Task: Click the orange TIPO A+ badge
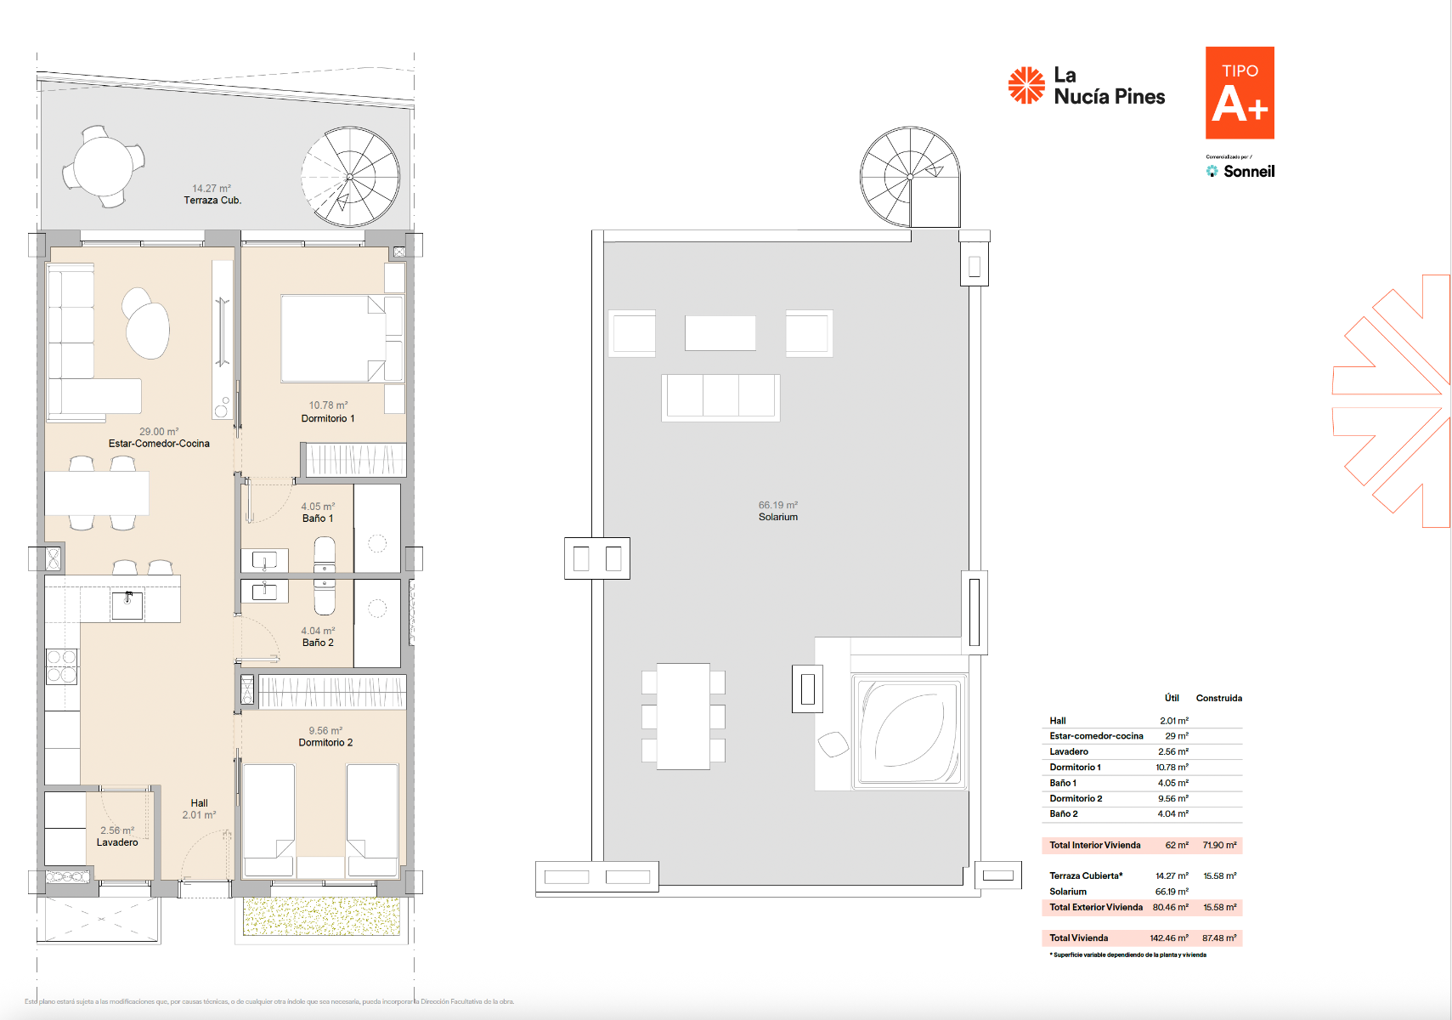[1239, 93]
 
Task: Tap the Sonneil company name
[1248, 172]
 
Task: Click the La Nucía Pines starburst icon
[1026, 86]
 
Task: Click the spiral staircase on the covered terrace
[350, 177]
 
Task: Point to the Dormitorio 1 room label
[328, 418]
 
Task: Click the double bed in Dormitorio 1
[333, 338]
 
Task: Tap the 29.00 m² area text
[159, 432]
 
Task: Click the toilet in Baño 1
[325, 553]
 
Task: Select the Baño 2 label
[318, 643]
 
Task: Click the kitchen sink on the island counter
[127, 604]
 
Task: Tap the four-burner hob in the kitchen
[61, 666]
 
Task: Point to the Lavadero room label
[117, 842]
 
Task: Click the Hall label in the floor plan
[199, 802]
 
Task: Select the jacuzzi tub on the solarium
[908, 730]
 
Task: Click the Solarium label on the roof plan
[777, 517]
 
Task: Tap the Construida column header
[1218, 698]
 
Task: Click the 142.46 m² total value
[1169, 938]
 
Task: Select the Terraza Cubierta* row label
[1086, 875]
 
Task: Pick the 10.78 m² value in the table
[1172, 768]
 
